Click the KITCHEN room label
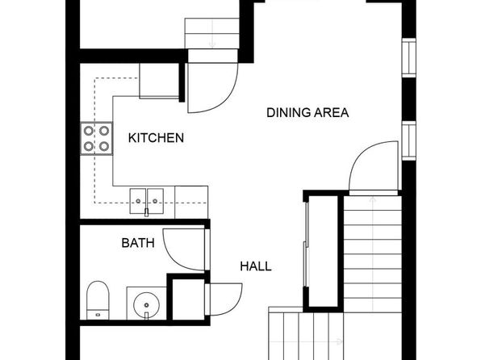pyautogui.click(x=156, y=138)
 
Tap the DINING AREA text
pyautogui.click(x=307, y=113)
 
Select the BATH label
pyautogui.click(x=138, y=243)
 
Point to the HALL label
pyautogui.click(x=256, y=266)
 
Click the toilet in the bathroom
pyautogui.click(x=98, y=300)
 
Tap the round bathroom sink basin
pyautogui.click(x=146, y=305)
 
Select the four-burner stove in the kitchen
pyautogui.click(x=97, y=138)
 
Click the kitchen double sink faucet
pyautogui.click(x=146, y=211)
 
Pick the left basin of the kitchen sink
pyautogui.click(x=138, y=201)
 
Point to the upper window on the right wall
pyautogui.click(x=409, y=58)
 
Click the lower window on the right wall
pyautogui.click(x=409, y=140)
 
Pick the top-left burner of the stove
pyautogui.click(x=89, y=131)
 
